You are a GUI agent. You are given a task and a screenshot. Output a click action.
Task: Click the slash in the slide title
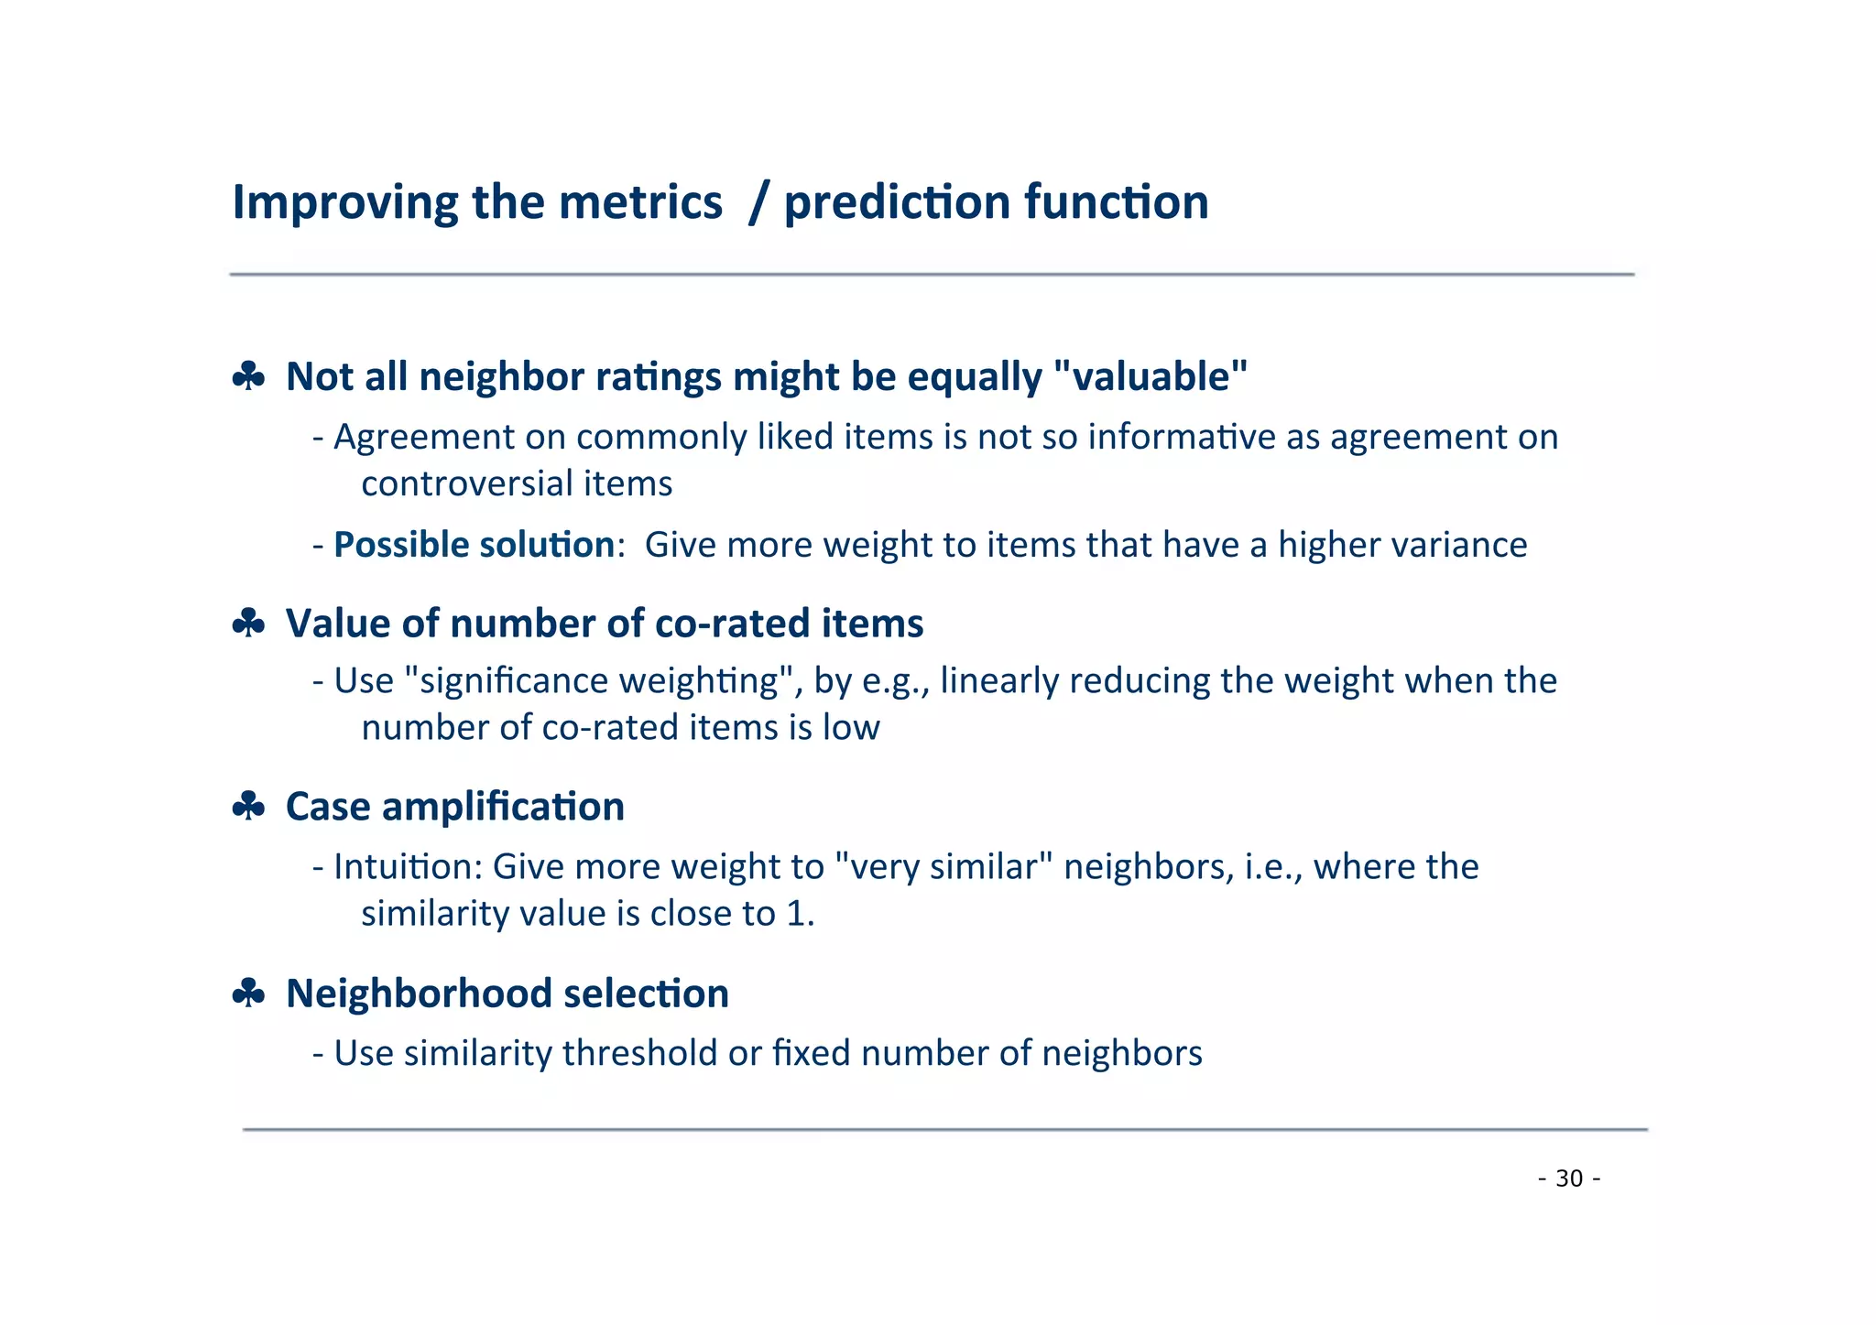757,203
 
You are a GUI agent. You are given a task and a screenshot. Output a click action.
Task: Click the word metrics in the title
640,202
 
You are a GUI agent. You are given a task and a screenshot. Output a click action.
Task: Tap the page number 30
1569,1178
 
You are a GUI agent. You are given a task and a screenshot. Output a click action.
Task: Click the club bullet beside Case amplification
248,807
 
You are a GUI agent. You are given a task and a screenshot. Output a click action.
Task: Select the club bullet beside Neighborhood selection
248,994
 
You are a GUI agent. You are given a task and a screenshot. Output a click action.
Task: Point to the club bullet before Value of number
248,624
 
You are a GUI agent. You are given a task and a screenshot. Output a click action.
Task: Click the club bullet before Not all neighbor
248,376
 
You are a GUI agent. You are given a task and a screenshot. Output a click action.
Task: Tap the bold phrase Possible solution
474,545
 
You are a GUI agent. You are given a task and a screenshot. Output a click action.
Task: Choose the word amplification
503,807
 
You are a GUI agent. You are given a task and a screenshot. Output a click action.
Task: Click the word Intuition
408,866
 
